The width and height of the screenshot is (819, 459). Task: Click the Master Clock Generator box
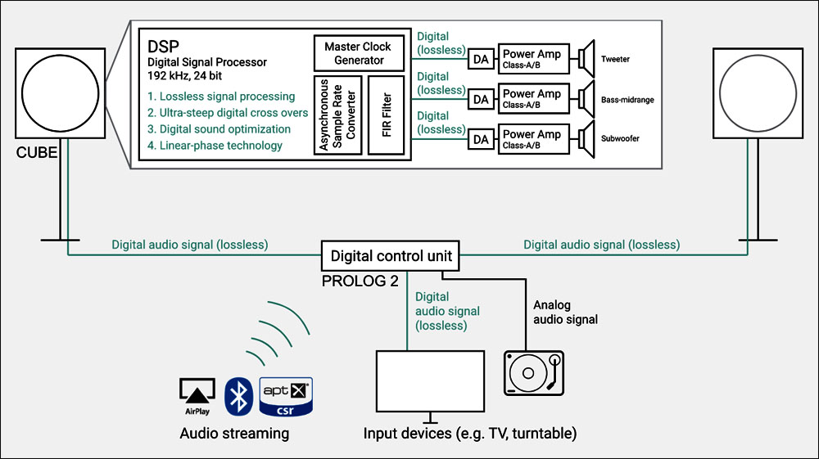(x=359, y=53)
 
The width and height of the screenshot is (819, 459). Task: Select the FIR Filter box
(x=386, y=115)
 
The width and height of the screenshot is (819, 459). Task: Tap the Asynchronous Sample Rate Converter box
(x=337, y=115)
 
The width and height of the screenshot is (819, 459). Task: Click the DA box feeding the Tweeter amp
(x=481, y=59)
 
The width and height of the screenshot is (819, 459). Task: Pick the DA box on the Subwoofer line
(x=481, y=139)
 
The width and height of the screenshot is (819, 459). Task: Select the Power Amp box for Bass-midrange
(x=533, y=98)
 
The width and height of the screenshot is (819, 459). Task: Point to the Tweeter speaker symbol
(x=586, y=58)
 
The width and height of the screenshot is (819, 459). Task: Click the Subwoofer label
(x=620, y=139)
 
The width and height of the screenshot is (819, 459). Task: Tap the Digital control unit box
(x=390, y=255)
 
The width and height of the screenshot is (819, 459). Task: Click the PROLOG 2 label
(x=360, y=281)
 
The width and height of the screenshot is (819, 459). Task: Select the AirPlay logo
(x=197, y=397)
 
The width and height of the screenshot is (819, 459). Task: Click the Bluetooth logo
(x=238, y=396)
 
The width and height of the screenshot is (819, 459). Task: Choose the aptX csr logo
(x=286, y=397)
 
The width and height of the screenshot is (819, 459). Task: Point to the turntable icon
(x=534, y=373)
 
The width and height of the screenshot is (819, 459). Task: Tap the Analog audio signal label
(x=565, y=312)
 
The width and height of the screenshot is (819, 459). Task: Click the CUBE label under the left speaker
(x=37, y=152)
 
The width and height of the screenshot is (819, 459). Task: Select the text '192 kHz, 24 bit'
(x=184, y=75)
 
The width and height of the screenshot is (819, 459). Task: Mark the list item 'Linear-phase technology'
(x=215, y=146)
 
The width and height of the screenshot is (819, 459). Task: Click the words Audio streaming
(x=234, y=434)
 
